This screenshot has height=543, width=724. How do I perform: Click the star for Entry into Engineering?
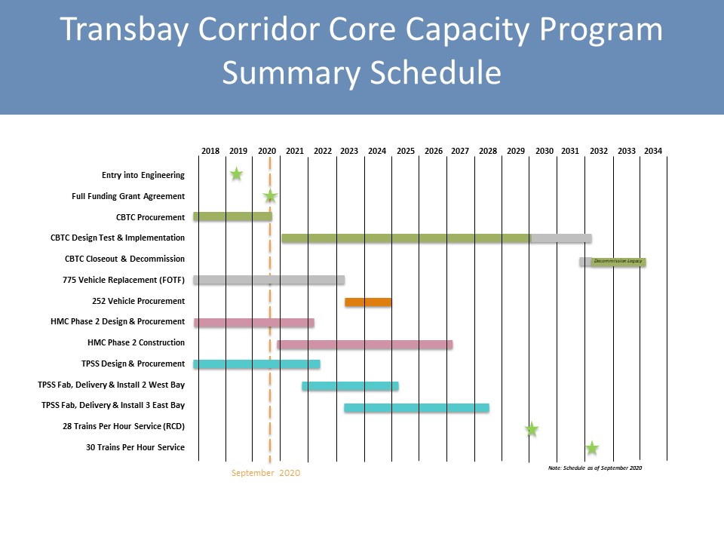pos(236,174)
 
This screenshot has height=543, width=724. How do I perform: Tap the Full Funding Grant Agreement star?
pos(270,197)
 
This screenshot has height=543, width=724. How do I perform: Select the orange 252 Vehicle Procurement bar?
pos(368,302)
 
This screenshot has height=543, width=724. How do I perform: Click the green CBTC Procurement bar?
pos(232,216)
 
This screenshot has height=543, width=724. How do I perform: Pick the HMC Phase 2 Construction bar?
pos(364,344)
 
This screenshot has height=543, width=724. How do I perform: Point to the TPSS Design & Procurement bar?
pos(256,364)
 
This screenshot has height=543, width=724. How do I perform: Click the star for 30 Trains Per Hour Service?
pos(592,448)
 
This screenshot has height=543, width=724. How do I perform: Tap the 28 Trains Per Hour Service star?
pos(532,429)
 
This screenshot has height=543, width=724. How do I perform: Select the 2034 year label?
pos(653,151)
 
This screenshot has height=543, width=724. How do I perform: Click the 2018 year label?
pos(210,151)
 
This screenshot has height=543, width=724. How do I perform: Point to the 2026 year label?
pos(434,151)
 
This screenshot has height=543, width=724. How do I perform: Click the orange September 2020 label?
pos(265,473)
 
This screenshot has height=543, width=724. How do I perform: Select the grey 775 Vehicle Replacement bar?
pos(268,280)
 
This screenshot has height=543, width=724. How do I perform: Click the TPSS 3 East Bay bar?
pos(416,408)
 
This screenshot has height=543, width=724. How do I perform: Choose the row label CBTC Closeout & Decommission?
pos(125,259)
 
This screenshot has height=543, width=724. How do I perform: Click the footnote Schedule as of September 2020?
pos(595,468)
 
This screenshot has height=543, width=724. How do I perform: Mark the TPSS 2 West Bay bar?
pos(350,386)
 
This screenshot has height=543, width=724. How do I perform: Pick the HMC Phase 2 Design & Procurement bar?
pos(253,323)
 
